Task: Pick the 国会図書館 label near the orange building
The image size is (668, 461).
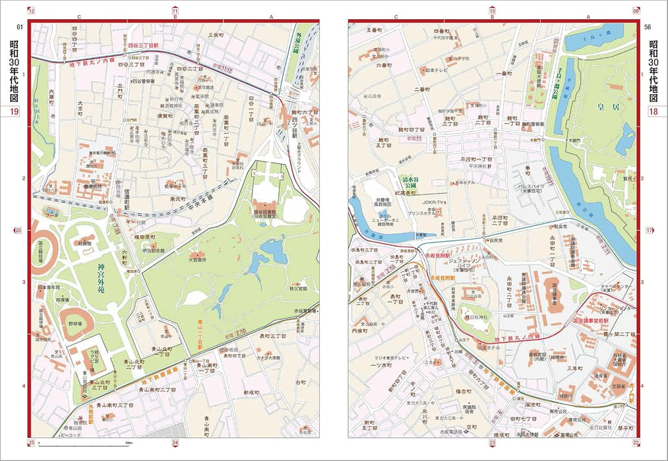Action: (x=271, y=213)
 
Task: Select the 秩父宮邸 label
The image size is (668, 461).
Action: (x=299, y=287)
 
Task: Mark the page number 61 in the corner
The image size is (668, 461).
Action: (x=19, y=26)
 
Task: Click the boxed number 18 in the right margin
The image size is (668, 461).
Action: (x=653, y=111)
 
